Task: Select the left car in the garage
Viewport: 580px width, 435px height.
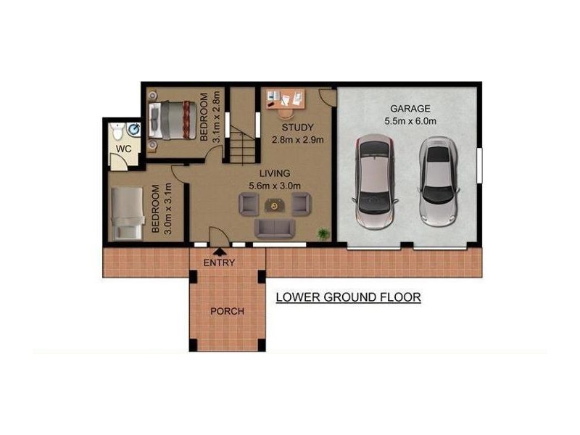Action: pyautogui.click(x=373, y=181)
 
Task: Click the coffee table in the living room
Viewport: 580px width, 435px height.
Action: pyautogui.click(x=274, y=206)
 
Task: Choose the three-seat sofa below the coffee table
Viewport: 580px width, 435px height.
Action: pyautogui.click(x=274, y=228)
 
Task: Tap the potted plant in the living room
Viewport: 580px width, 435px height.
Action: pyautogui.click(x=323, y=233)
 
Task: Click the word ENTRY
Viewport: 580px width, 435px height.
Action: pyautogui.click(x=219, y=263)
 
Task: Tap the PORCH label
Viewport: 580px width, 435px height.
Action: pyautogui.click(x=227, y=312)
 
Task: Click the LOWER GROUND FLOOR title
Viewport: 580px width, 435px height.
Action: pyautogui.click(x=349, y=297)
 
